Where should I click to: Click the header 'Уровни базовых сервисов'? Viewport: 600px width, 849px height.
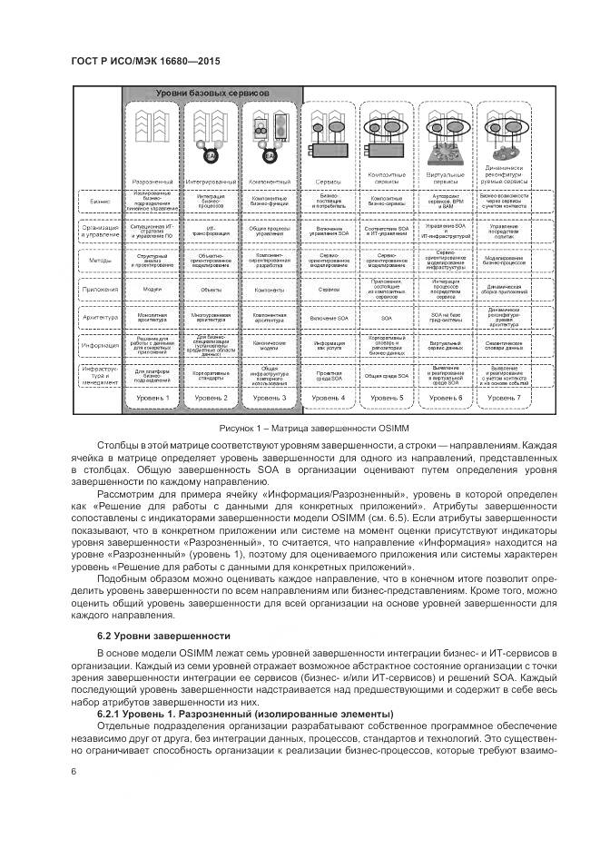pos(211,94)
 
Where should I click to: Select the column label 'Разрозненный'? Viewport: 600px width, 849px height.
pos(152,182)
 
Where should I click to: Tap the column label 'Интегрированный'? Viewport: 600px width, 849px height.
pos(211,182)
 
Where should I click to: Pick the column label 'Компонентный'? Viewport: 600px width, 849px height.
pos(270,182)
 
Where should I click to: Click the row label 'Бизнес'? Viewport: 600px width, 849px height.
pos(100,202)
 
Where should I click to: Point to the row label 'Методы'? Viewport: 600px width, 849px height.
pos(100,260)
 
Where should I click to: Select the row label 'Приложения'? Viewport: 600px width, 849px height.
pos(100,291)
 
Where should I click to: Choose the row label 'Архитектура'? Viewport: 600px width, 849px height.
pos(100,319)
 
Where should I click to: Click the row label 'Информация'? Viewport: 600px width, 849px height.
pos(100,346)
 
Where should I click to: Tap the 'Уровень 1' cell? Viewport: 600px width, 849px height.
pos(152,398)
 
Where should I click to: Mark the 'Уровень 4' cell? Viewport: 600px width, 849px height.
pos(329,398)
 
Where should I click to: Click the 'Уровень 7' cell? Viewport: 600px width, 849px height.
pos(504,398)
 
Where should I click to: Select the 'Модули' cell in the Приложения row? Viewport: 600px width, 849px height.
pos(152,291)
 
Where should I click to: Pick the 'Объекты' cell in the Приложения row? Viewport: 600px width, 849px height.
pos(211,291)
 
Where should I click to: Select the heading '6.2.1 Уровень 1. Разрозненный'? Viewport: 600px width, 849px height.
pos(245,714)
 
